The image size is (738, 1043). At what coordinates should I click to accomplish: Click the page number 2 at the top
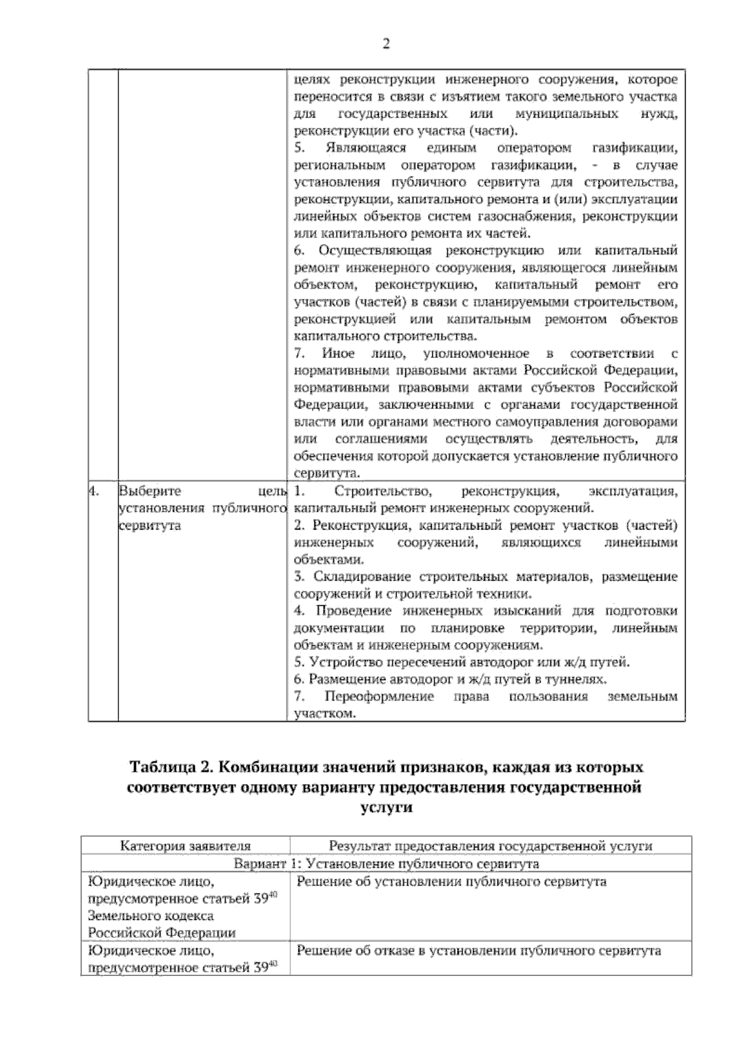(x=386, y=44)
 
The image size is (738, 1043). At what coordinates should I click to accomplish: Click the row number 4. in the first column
(x=93, y=491)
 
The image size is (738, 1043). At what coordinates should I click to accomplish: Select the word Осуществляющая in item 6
(x=375, y=251)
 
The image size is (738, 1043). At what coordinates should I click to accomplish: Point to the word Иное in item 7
(x=338, y=354)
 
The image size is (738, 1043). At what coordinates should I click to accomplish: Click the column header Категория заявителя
(x=185, y=846)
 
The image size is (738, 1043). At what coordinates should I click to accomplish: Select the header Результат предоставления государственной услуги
(x=490, y=846)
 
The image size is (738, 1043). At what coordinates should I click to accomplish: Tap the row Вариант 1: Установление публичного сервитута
(x=386, y=863)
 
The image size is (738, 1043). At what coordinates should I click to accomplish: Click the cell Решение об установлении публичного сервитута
(x=451, y=882)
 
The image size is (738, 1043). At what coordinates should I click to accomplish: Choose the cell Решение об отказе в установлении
(x=478, y=951)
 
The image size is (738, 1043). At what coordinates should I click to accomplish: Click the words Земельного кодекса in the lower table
(x=151, y=916)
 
